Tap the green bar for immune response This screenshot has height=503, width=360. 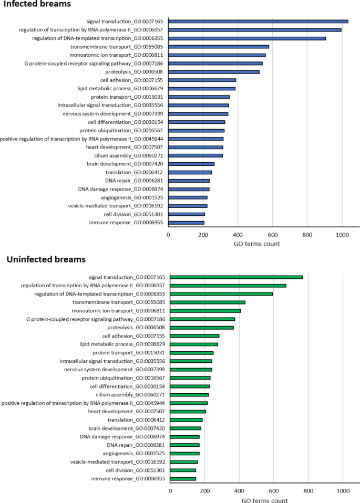pos(183,478)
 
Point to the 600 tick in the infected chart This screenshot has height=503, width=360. pos(307,234)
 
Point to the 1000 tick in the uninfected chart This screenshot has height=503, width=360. pos(343,490)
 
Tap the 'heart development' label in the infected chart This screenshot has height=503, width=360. pos(135,147)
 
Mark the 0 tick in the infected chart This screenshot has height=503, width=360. pos(168,234)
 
